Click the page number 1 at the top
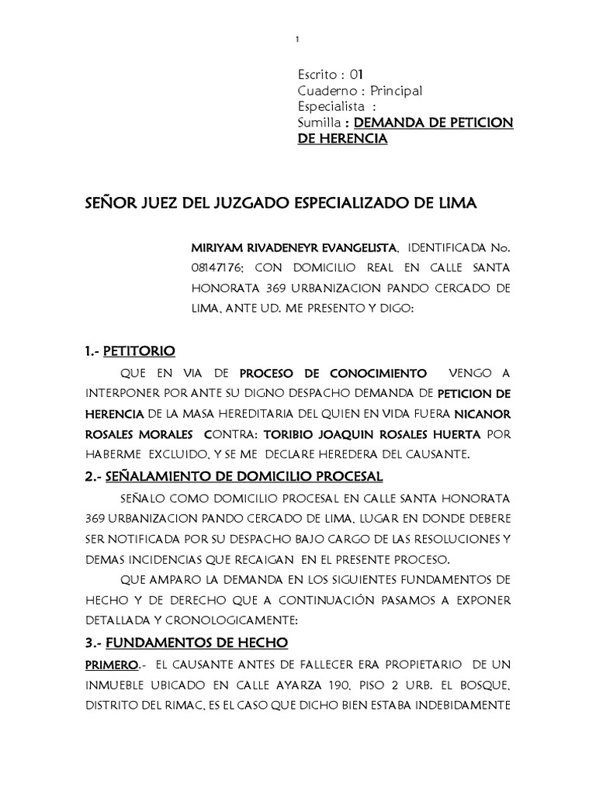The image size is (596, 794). point(298,40)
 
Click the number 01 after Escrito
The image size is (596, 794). point(356,75)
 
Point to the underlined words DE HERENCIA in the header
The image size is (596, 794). point(342,140)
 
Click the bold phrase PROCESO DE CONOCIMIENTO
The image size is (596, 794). point(333,372)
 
